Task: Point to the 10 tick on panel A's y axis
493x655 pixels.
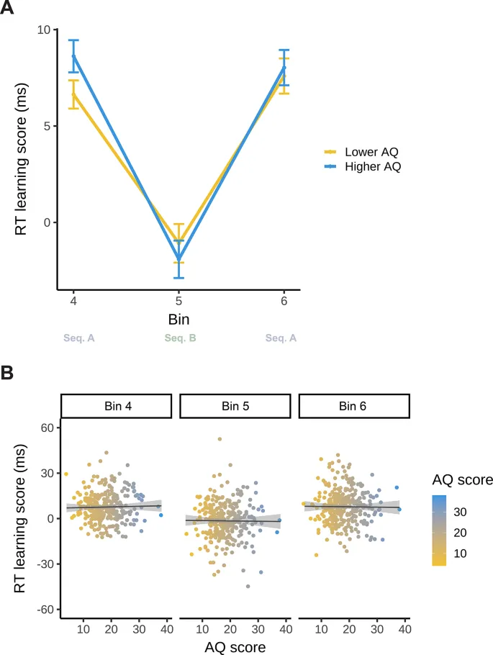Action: click(44, 30)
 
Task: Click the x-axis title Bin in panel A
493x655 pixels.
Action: click(179, 317)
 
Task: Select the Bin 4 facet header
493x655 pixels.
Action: click(116, 407)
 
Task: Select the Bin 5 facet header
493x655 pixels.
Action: click(234, 407)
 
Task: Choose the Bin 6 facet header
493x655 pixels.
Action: click(352, 407)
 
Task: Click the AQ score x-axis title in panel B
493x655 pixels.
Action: click(234, 646)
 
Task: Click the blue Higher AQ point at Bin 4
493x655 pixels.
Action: click(74, 55)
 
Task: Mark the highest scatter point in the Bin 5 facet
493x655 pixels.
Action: click(220, 439)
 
